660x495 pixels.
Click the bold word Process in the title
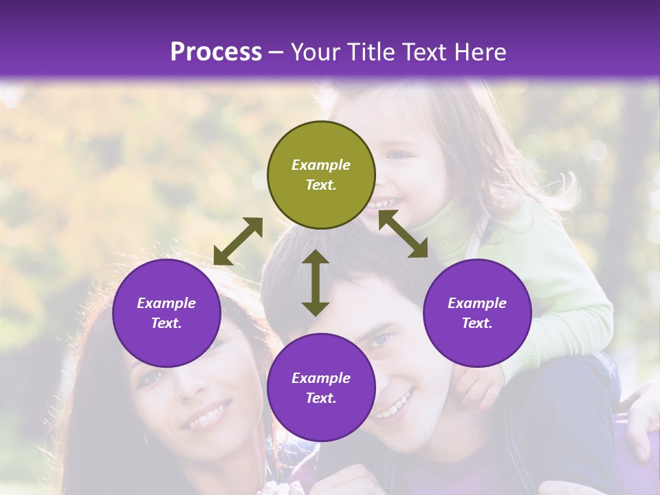point(216,52)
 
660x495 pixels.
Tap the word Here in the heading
point(481,52)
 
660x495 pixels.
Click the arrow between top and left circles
point(238,241)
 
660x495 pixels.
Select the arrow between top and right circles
point(404,234)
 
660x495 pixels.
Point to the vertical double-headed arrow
point(316,283)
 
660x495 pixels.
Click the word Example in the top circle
point(321,165)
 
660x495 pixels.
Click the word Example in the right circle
point(477,303)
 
